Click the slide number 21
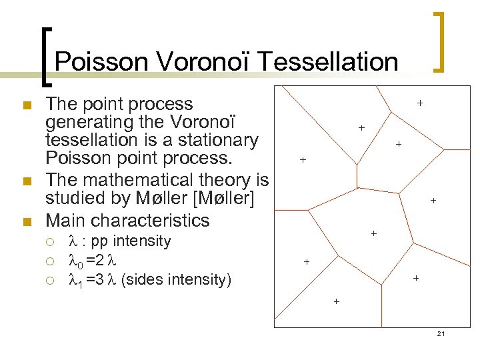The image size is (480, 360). click(441, 333)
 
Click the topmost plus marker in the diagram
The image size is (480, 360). click(420, 103)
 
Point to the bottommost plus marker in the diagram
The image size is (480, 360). click(336, 301)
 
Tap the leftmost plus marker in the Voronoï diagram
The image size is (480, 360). click(303, 160)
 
